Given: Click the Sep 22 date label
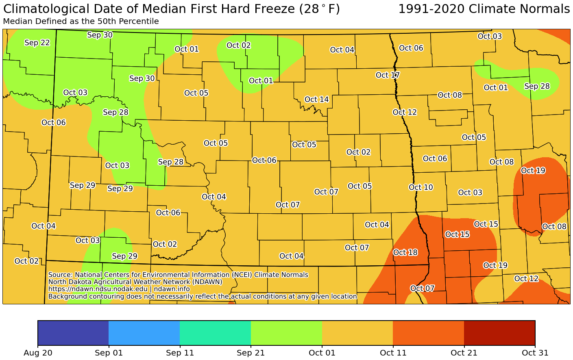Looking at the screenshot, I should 37,43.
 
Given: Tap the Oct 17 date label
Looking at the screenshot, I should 388,75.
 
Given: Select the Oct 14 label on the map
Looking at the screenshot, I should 316,100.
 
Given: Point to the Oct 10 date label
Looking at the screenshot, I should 421,187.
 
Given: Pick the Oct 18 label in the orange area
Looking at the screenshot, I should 405,252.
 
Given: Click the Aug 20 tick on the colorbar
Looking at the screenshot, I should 38,353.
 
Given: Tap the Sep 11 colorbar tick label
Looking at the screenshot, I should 180,353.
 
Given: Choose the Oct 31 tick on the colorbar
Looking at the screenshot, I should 535,353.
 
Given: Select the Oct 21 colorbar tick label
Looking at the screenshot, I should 464,353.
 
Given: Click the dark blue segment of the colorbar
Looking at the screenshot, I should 73,333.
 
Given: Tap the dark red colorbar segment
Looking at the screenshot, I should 499,333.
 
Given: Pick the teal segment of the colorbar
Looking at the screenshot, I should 215,333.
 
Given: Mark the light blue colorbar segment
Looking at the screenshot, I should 144,333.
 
